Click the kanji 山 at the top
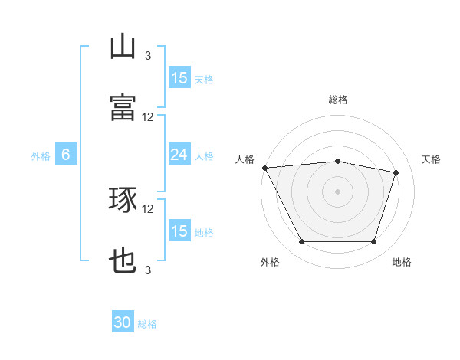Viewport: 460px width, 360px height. (x=123, y=47)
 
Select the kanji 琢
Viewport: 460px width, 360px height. (x=123, y=201)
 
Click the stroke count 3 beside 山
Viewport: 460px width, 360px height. (x=148, y=55)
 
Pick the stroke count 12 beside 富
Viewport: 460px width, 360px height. (x=148, y=117)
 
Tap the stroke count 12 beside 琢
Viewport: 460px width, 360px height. (x=148, y=208)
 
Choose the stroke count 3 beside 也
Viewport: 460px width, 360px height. (x=148, y=270)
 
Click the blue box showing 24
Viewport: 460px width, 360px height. (x=179, y=155)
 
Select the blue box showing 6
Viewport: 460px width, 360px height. (x=66, y=155)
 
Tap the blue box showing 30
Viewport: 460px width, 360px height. (x=123, y=323)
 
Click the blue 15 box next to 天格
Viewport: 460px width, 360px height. (x=179, y=78)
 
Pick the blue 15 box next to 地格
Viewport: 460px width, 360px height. (x=179, y=232)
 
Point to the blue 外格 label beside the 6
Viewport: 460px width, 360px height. (x=41, y=156)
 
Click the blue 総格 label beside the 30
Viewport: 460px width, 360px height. (x=148, y=324)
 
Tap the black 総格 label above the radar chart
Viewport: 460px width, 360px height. (x=338, y=100)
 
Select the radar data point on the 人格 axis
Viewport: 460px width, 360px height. (x=264, y=168)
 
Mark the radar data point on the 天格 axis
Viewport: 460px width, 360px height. (x=396, y=172)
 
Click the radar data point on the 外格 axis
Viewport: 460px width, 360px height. (x=301, y=242)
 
